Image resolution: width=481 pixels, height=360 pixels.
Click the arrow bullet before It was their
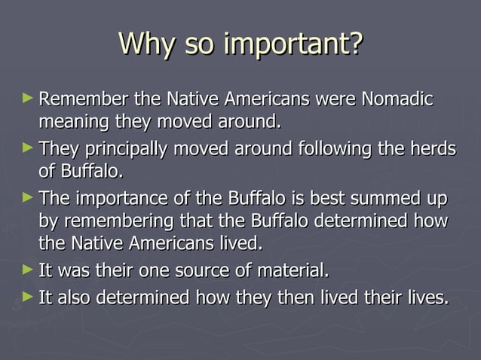click(x=28, y=268)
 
